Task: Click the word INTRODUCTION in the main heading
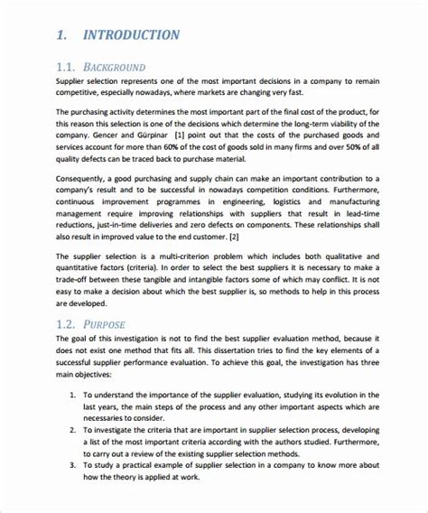pos(130,35)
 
